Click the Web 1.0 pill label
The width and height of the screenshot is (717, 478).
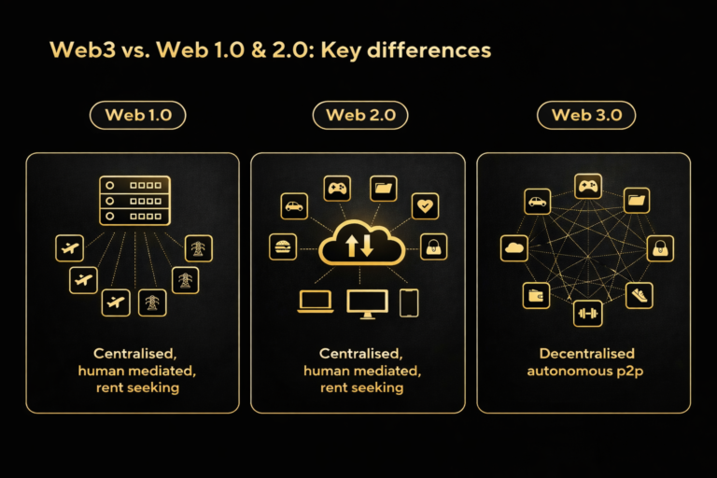click(137, 116)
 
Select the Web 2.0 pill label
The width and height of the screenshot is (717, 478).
click(360, 116)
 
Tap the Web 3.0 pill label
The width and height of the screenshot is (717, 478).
click(586, 116)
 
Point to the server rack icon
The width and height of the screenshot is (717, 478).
click(136, 200)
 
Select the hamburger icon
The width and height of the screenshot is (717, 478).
click(283, 246)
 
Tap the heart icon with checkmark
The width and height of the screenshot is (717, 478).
click(426, 206)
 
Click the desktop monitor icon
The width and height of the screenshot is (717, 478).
click(366, 302)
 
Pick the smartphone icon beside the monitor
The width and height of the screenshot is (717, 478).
click(409, 302)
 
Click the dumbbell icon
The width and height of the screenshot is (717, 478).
click(587, 314)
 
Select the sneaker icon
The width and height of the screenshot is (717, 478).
click(639, 294)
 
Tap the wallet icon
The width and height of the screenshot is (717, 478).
click(536, 296)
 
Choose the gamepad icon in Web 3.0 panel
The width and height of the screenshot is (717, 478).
click(587, 187)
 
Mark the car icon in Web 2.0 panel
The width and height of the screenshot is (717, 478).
click(294, 206)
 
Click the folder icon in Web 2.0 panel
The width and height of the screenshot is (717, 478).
click(384, 189)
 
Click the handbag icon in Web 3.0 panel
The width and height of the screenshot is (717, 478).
click(660, 247)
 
